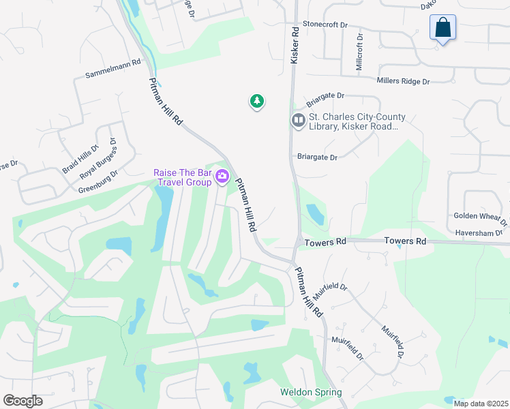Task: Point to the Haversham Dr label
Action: point(480,232)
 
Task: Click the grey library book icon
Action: point(298,121)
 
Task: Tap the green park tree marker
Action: point(256,102)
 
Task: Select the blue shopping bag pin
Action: point(442,28)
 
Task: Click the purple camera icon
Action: point(222,177)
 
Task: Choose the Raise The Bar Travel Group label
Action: point(182,177)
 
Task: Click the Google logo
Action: point(22,401)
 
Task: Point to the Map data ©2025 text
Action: point(481,404)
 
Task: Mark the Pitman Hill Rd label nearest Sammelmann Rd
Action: point(166,100)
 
